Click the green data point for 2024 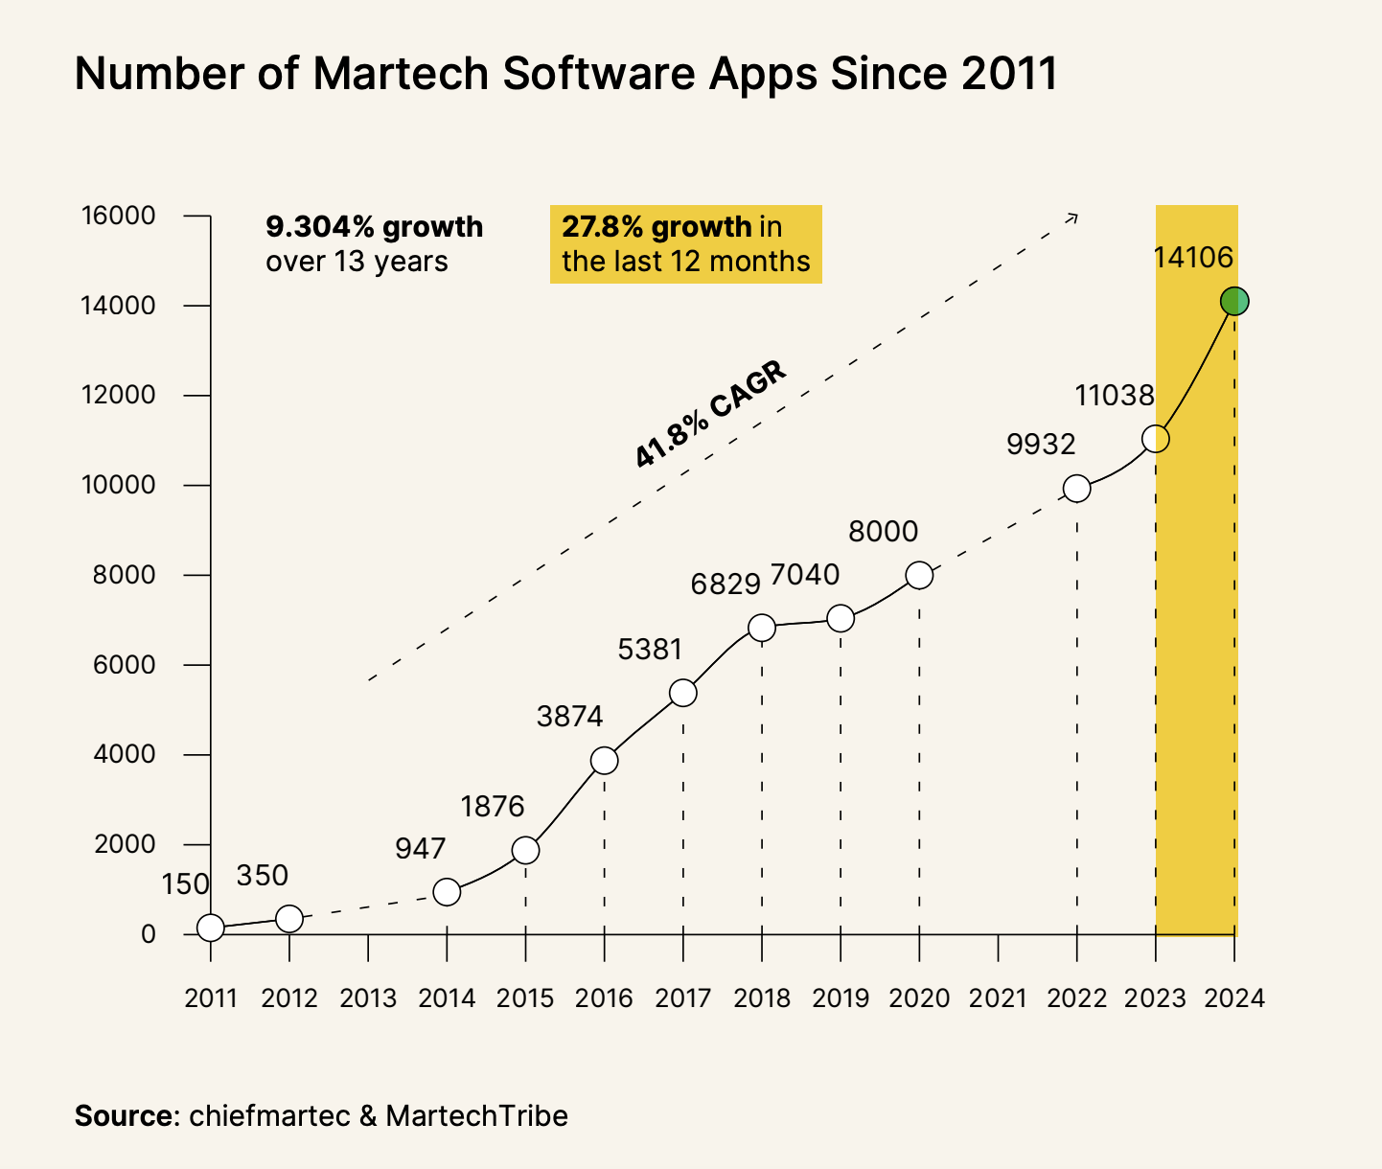1234,301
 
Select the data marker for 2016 604,761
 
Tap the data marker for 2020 919,575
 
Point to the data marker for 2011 211,928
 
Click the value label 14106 1192,257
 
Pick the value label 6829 726,584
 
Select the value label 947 421,848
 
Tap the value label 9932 1041,444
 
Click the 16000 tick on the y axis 119,216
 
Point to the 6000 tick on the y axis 119,665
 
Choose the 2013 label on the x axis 368,998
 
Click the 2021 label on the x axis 998,998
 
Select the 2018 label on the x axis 762,998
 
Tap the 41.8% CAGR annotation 710,414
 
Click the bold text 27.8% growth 656,227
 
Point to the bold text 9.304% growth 374,227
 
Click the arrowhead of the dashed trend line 1074,218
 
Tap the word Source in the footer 123,1116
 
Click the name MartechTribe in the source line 476,1116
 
